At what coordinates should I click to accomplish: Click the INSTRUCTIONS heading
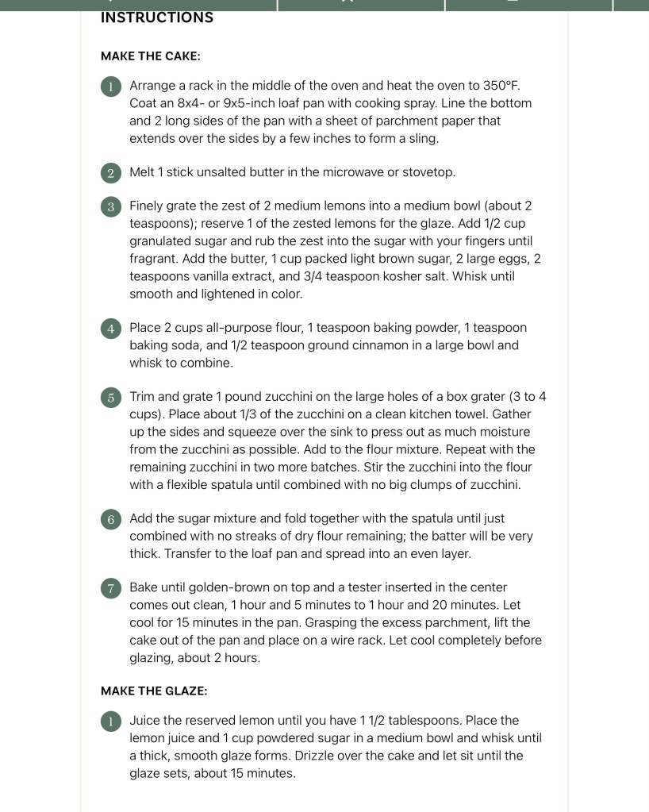157,17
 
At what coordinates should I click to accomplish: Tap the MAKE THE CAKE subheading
150,56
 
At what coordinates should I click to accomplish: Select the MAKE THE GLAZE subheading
154,691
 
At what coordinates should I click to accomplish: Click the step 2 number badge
111,173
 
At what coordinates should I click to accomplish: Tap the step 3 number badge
111,207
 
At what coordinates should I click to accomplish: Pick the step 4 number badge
111,329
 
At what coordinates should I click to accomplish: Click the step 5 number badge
111,398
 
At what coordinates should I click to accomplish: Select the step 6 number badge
111,519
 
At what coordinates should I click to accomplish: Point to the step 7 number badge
111,589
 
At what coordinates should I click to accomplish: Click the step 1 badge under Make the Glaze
111,722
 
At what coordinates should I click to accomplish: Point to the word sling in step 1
421,138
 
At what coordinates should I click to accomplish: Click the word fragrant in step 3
154,259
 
